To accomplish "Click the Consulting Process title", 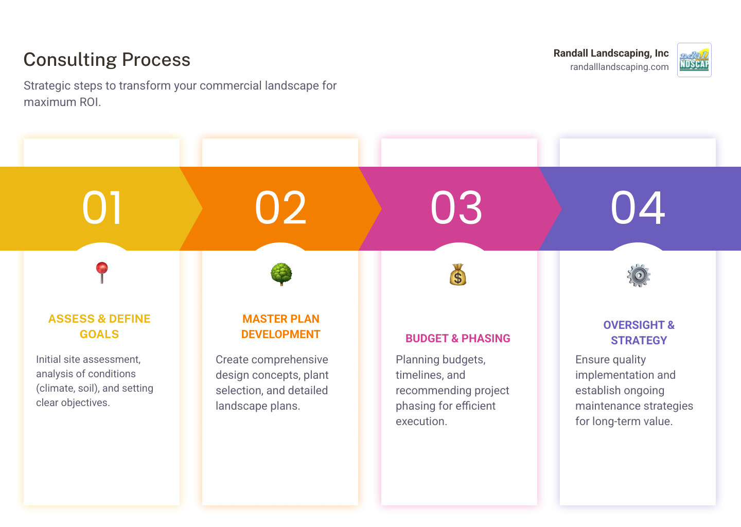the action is click(107, 60).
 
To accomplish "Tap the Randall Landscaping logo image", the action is click(694, 60).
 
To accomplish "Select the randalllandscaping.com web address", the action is click(619, 67).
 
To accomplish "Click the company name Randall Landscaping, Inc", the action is click(611, 53).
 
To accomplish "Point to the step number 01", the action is click(102, 208).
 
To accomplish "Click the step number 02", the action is click(281, 208).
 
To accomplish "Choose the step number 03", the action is click(456, 208).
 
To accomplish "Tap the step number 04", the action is click(638, 208).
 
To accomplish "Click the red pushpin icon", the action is click(102, 272).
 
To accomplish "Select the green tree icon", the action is click(281, 274).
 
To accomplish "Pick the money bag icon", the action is click(457, 275).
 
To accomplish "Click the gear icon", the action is click(639, 276).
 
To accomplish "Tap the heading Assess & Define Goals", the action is click(99, 326).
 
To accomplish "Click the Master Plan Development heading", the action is click(281, 326).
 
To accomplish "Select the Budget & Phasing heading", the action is click(458, 338).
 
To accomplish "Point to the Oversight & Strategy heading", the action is click(639, 332).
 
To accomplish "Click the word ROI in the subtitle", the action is click(90, 102).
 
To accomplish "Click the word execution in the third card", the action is click(420, 421).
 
